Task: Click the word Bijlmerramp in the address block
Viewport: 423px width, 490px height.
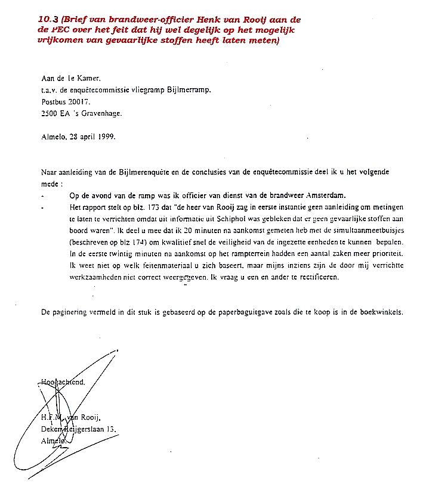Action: click(189, 90)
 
